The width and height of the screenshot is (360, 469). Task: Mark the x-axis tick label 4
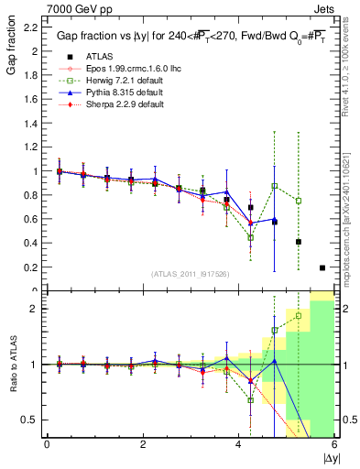(x=238, y=444)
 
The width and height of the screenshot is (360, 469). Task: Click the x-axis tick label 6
(x=333, y=444)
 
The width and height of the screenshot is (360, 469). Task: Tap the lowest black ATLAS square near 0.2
(x=322, y=267)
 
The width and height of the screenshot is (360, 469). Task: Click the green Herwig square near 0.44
(x=250, y=238)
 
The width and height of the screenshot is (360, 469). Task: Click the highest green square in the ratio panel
(x=298, y=316)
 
